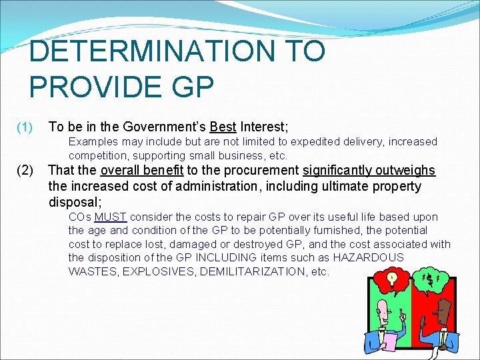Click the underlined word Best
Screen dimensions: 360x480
[x=223, y=127]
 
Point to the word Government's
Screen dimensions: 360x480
[x=163, y=127]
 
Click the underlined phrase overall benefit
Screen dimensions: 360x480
[x=141, y=170]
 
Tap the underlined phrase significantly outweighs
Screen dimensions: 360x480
[x=369, y=170]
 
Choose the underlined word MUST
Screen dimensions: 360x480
[x=111, y=217]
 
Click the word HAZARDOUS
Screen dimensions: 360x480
[x=369, y=257]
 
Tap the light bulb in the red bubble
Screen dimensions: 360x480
[x=393, y=277]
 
